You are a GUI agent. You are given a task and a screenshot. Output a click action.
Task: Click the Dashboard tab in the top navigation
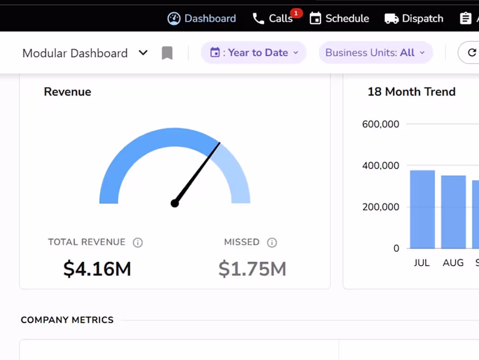[x=202, y=18]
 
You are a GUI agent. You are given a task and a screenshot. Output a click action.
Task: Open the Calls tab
[x=273, y=18]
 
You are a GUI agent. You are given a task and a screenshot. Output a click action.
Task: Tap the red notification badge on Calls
[x=297, y=13]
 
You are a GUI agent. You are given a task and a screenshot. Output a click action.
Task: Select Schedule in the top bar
[x=339, y=18]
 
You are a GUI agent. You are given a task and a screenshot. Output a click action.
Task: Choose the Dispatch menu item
[x=414, y=18]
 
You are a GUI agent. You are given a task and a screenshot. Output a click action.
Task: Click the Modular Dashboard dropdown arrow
[x=143, y=53]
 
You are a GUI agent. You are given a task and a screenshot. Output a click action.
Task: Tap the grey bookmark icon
[x=167, y=53]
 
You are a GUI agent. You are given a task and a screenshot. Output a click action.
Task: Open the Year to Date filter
[x=253, y=53]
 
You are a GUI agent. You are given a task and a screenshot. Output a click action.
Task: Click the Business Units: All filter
[x=375, y=53]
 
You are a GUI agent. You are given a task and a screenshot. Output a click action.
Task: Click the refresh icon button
[x=472, y=53]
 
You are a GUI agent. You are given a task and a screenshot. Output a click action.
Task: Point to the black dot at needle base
[x=175, y=203]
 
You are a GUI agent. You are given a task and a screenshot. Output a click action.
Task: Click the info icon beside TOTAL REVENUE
[x=138, y=243]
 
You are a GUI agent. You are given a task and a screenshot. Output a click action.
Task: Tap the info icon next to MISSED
[x=272, y=243]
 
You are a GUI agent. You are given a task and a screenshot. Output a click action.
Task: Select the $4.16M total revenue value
[x=97, y=268]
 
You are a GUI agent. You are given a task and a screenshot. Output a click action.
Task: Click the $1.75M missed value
[x=252, y=268]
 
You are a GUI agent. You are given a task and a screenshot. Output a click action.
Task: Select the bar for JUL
[x=422, y=209]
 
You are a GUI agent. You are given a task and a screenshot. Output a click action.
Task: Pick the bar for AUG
[x=453, y=212]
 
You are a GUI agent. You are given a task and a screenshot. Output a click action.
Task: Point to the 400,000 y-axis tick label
[x=381, y=166]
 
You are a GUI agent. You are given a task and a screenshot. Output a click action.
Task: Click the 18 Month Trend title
[x=412, y=92]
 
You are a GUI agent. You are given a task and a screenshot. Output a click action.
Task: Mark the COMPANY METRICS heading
[x=67, y=320]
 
